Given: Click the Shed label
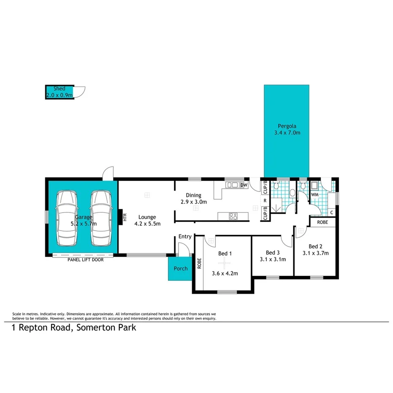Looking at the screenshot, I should [x=59, y=89].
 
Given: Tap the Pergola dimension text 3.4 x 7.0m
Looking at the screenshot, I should [x=287, y=133].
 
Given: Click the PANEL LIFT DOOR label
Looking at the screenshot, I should [x=86, y=260].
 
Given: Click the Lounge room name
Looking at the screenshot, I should [x=147, y=217].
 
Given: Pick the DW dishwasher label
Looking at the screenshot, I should [x=243, y=185].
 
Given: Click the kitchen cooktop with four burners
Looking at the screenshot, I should [x=233, y=216].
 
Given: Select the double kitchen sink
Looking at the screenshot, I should [x=232, y=185].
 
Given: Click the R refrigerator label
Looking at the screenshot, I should [x=264, y=201].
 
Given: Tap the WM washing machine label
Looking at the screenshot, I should [x=314, y=194].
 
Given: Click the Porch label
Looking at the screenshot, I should [x=180, y=269].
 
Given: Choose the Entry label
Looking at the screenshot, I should [x=185, y=237].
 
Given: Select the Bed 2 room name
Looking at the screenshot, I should [x=315, y=247].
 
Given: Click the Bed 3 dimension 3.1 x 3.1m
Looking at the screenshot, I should [x=273, y=259].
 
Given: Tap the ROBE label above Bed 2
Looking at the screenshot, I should [x=323, y=222].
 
